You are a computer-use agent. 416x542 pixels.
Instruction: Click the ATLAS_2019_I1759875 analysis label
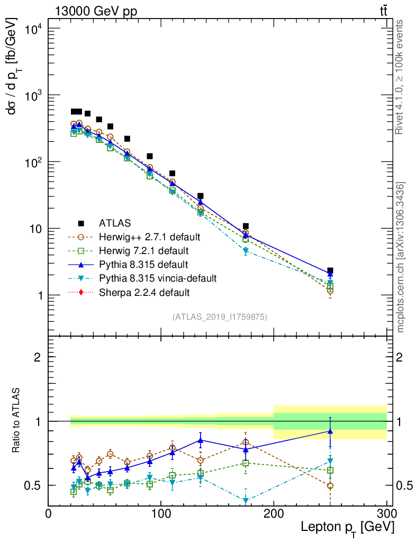(x=220, y=317)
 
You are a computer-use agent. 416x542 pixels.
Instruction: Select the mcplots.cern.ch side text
(x=401, y=257)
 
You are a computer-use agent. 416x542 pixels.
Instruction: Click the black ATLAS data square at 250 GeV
(x=330, y=270)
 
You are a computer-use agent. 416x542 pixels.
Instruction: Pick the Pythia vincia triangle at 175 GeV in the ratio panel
(x=246, y=500)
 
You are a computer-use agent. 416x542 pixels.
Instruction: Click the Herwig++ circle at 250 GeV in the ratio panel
(x=330, y=485)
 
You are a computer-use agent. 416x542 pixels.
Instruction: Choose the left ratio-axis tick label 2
(x=37, y=357)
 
